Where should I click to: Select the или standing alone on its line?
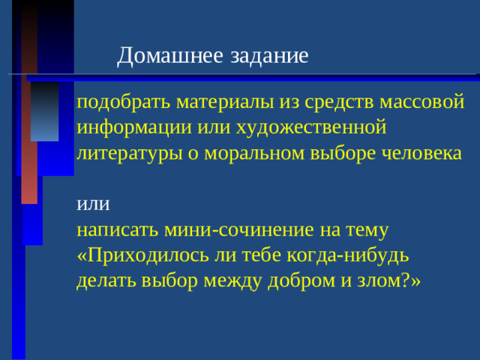[92, 204]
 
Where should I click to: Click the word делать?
[101, 280]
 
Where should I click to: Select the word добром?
[286, 280]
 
